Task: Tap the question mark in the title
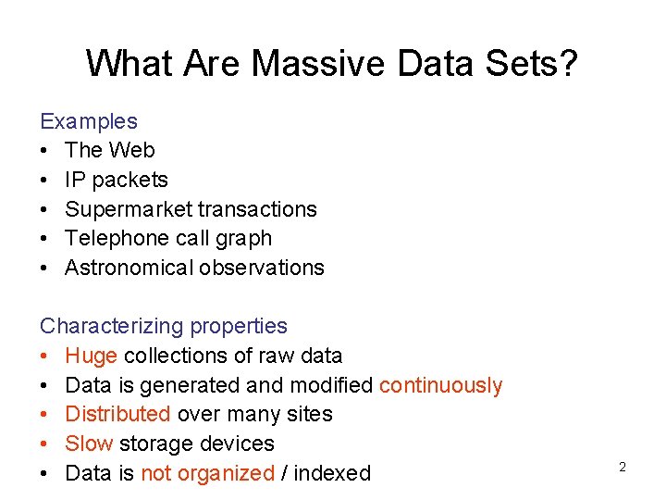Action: [x=566, y=64]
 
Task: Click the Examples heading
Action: [x=89, y=121]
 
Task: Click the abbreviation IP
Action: [x=75, y=180]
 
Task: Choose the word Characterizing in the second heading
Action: [x=111, y=326]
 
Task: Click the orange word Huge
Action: [x=91, y=356]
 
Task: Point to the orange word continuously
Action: [x=441, y=385]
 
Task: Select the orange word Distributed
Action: [x=117, y=414]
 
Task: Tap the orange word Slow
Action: [x=90, y=444]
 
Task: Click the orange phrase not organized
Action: [x=207, y=473]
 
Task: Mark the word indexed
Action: [x=333, y=473]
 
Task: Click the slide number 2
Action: [x=622, y=468]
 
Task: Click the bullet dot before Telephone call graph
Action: [x=44, y=239]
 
